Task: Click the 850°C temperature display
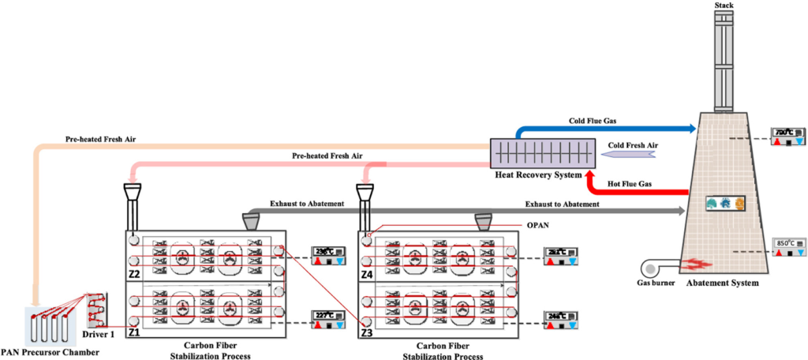tap(790, 244)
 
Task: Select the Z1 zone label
tap(135, 332)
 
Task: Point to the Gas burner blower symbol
tap(654, 265)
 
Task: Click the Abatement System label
tap(722, 283)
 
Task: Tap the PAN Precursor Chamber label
tap(50, 352)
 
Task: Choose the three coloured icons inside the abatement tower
tap(725, 204)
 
